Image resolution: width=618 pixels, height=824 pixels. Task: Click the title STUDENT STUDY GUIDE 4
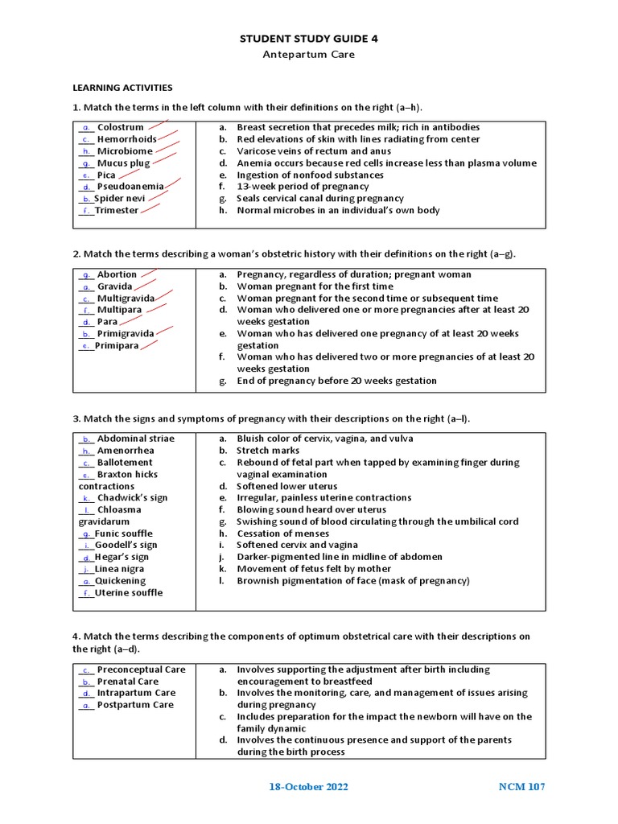(x=308, y=38)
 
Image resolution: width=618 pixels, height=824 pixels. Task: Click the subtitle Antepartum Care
(x=308, y=55)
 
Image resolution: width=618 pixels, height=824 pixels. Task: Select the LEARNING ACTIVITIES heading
(x=122, y=88)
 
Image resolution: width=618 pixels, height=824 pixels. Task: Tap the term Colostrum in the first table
(x=120, y=127)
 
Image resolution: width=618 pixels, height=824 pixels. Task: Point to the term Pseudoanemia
(x=130, y=187)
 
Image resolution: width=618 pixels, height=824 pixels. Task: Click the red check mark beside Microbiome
(x=167, y=149)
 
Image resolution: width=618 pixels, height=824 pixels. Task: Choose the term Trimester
(x=117, y=211)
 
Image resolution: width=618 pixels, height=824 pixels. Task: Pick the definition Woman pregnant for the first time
(x=315, y=286)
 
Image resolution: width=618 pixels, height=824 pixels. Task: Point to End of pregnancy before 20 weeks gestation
(x=336, y=381)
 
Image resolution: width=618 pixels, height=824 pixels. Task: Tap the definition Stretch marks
(x=268, y=451)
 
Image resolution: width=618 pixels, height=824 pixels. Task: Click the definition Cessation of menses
(x=282, y=534)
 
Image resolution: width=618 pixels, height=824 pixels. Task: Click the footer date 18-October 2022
(x=308, y=787)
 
